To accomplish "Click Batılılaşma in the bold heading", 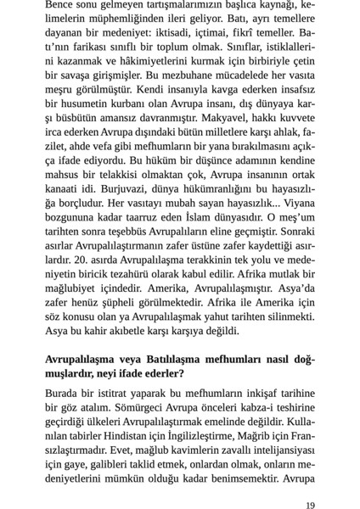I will (x=168, y=361).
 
